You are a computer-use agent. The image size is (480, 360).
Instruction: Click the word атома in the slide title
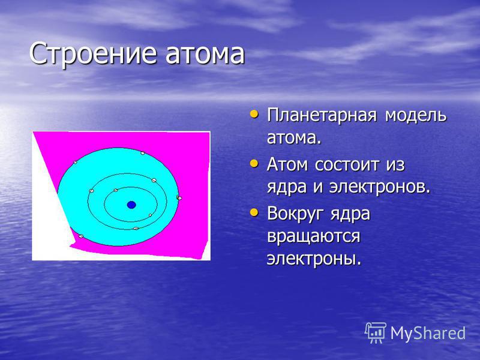point(205,54)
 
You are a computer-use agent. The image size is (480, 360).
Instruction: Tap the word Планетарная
point(322,116)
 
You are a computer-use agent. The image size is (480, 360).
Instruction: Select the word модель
point(415,115)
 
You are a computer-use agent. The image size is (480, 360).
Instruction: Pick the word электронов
point(380,187)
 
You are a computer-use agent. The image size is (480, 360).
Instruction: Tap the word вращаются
point(313,236)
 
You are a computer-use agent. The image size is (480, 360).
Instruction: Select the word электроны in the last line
point(314,259)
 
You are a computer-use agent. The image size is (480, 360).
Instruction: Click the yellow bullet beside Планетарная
point(254,115)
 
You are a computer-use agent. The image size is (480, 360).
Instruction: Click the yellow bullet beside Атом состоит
point(254,163)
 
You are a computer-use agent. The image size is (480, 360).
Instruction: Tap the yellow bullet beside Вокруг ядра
point(254,212)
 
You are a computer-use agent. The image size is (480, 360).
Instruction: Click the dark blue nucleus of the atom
point(131,205)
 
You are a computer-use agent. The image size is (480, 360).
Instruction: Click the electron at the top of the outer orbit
point(143,153)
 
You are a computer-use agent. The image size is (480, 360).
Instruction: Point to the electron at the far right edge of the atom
point(179,198)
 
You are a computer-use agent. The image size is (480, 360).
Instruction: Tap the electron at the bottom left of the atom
point(81,236)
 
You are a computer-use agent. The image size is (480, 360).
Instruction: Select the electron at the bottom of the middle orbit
point(136,229)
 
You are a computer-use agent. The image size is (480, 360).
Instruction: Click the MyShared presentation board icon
point(376,333)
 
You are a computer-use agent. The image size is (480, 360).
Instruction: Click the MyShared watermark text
point(428,333)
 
